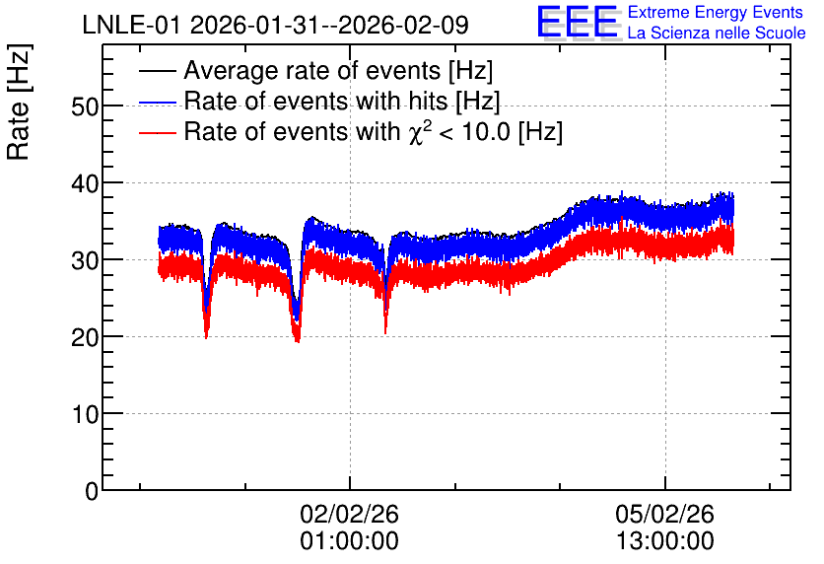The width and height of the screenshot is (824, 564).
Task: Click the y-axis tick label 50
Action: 85,107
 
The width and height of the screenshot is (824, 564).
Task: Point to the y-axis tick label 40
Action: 85,184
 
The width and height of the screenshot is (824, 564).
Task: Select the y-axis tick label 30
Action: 85,260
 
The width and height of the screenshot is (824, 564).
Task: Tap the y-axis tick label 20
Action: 85,337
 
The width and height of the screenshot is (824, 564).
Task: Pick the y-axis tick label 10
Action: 85,415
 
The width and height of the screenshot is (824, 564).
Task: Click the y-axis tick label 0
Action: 92,491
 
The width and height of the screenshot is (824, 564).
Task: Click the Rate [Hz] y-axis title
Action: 19,102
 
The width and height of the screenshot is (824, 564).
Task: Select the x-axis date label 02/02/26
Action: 350,514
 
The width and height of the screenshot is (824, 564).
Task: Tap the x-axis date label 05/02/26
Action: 664,514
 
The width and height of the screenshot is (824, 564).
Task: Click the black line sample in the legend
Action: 158,71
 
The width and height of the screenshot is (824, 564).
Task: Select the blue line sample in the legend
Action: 158,102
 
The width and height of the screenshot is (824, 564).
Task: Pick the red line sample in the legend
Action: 158,132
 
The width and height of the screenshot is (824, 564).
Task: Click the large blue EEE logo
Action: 577,22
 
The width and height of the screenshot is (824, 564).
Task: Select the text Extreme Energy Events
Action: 716,12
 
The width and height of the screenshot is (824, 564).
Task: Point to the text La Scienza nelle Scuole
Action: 717,33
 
